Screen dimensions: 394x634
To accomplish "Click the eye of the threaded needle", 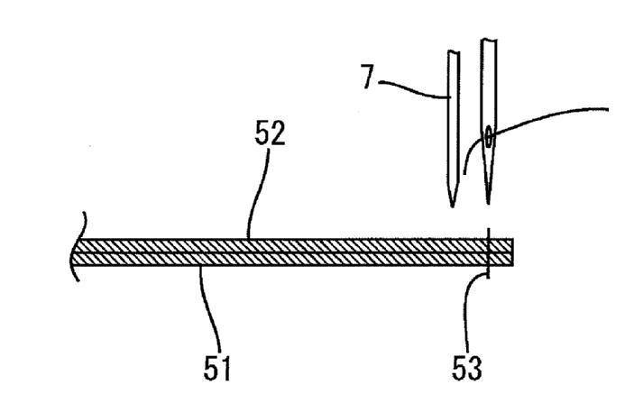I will pos(489,136).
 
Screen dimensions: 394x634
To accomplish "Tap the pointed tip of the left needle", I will pos(453,206).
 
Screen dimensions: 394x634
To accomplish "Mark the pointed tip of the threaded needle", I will pos(489,205).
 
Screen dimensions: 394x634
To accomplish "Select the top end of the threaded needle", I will pos(490,41).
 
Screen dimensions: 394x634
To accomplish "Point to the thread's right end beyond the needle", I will pos(607,107).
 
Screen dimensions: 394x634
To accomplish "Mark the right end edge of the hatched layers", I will pos(513,252).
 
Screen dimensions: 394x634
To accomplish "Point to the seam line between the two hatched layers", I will pos(289,252).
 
